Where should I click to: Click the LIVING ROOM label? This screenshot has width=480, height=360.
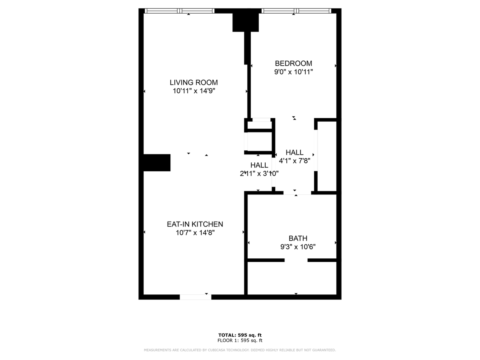pos(194,82)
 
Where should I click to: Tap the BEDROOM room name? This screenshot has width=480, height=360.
pos(293,63)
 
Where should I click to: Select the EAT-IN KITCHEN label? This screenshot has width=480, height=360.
pos(195,224)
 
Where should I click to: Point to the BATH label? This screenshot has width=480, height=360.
pos(298,238)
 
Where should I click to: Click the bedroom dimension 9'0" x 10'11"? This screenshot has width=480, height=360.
pos(294,72)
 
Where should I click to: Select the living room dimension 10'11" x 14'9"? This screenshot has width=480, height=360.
pos(194,91)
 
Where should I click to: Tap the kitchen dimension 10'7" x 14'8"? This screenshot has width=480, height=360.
pos(195,232)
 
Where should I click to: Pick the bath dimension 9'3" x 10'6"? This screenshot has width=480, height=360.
pos(298,247)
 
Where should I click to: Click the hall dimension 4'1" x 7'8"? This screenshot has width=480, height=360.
pos(294,161)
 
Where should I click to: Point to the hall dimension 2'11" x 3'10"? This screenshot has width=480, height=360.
pos(259,174)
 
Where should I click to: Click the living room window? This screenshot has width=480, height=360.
pos(179,11)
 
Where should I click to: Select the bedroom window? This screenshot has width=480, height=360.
pos(296,11)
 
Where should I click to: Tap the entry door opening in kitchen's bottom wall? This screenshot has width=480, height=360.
pos(196,297)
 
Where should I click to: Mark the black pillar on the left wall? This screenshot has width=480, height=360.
pos(157,163)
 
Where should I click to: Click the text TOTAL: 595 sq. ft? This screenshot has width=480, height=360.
pos(240,335)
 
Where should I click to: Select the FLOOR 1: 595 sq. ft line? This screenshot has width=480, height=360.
pos(240,340)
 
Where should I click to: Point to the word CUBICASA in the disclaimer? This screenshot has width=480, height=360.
pos(216,350)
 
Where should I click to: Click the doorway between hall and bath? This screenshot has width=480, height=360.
pos(297,193)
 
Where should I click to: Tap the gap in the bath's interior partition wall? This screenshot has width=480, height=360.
pos(296,260)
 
